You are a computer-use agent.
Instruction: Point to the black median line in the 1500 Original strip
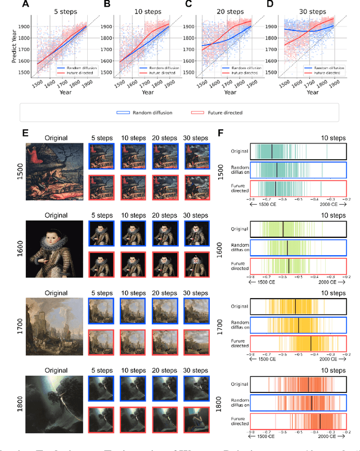(272, 152)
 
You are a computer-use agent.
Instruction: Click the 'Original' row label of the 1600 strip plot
(240, 229)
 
